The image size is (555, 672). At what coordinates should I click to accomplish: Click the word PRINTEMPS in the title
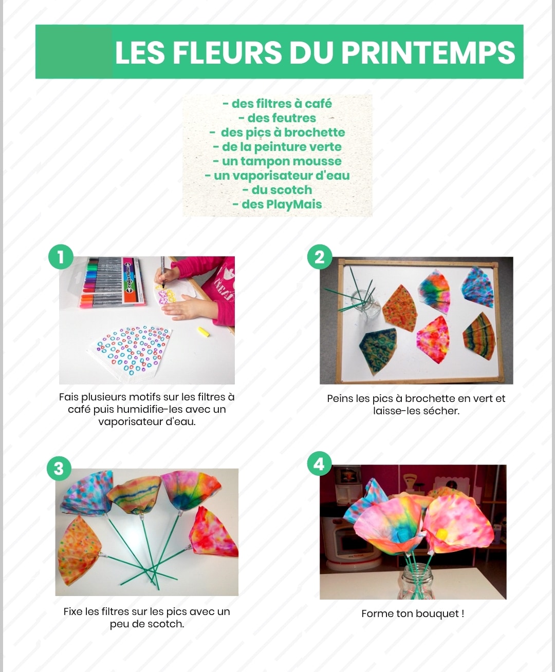click(428, 53)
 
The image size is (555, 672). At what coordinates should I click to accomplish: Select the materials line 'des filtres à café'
click(277, 104)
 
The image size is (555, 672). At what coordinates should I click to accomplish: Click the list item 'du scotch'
click(277, 190)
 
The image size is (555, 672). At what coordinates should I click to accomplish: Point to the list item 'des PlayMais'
click(277, 204)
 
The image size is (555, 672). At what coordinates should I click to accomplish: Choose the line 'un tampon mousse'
click(277, 161)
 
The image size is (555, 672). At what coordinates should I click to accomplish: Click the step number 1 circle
click(61, 257)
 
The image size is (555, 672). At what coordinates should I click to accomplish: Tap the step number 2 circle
click(320, 257)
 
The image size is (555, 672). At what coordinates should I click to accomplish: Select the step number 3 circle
click(59, 468)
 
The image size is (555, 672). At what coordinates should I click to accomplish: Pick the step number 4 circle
click(319, 464)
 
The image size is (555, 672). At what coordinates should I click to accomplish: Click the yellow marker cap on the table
click(203, 332)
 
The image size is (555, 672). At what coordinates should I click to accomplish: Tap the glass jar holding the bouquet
click(417, 581)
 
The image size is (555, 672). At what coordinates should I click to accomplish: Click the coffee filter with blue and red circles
click(132, 352)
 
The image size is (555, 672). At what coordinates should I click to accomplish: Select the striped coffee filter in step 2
click(478, 340)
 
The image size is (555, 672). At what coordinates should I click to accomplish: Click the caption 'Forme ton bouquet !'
click(413, 613)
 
